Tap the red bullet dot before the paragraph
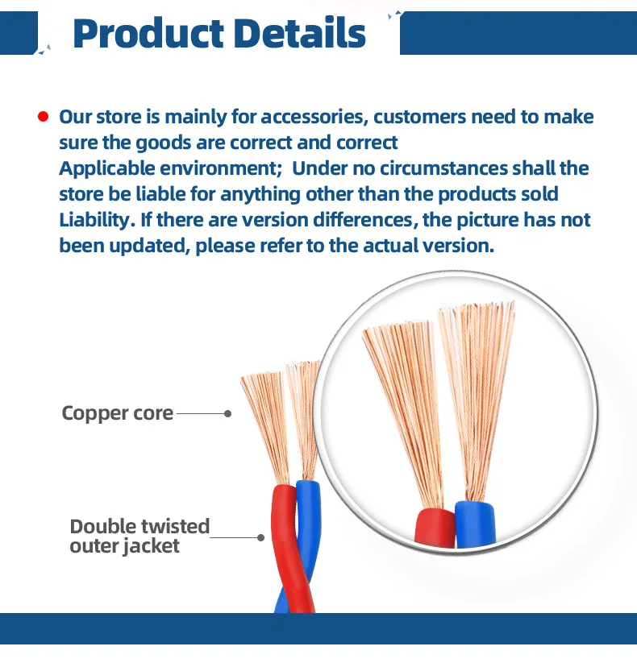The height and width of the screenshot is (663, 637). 43,118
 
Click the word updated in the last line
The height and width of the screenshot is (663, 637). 149,247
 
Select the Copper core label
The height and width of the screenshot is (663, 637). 118,414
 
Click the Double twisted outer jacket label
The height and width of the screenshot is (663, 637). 139,537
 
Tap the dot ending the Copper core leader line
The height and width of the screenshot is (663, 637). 228,414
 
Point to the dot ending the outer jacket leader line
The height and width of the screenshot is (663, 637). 260,537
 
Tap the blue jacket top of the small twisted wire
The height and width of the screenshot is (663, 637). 307,495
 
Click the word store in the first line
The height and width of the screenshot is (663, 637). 119,118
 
